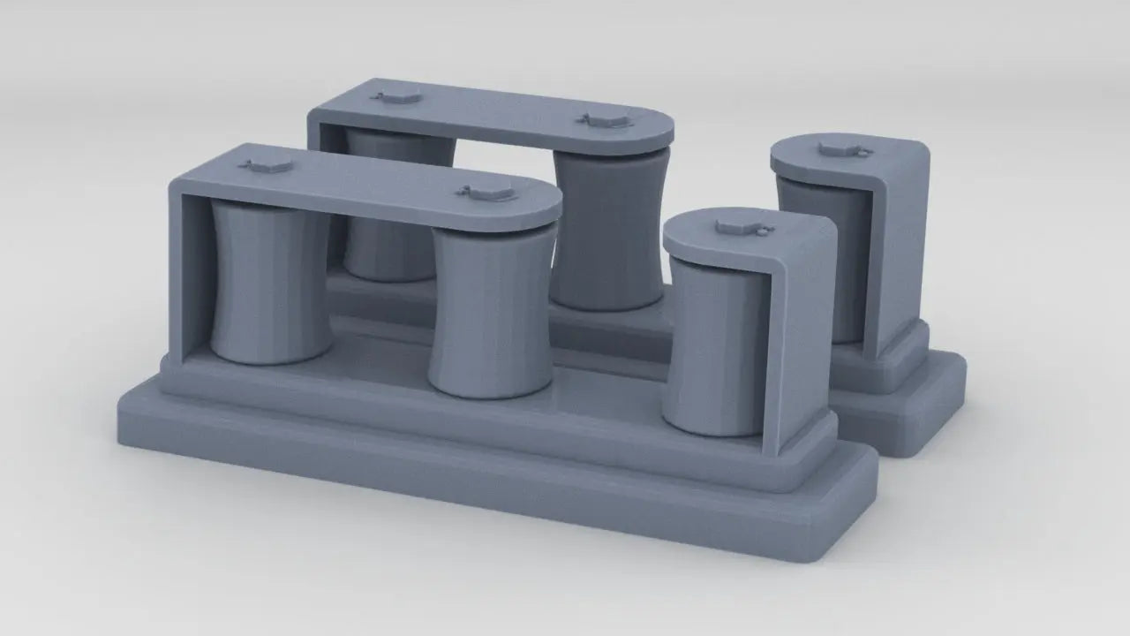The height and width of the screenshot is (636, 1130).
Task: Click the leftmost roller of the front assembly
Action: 270,283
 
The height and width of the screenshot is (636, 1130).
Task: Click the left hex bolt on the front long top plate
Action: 267,165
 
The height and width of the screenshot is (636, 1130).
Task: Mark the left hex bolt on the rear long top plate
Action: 388,95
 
